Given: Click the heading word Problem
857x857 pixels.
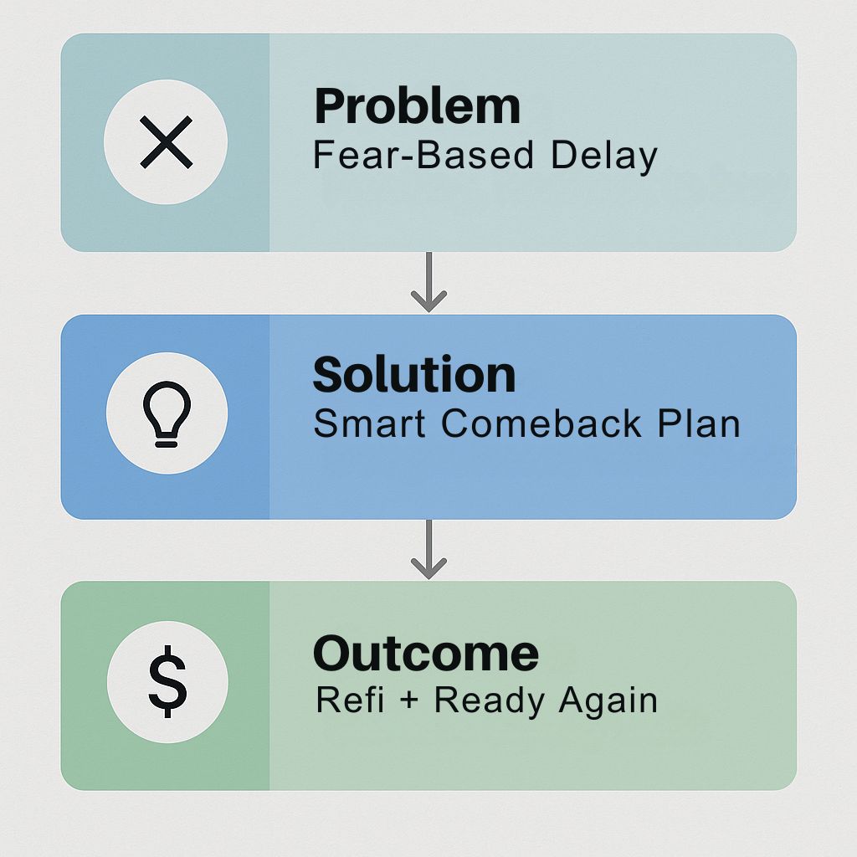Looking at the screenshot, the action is pyautogui.click(x=418, y=106).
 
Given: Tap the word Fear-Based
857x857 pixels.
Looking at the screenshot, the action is pyautogui.click(x=423, y=155).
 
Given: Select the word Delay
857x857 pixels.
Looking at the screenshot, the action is pyautogui.click(x=604, y=157).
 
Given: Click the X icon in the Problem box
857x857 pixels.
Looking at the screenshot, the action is pyautogui.click(x=167, y=141).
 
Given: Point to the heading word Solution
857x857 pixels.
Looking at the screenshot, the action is pyautogui.click(x=414, y=374).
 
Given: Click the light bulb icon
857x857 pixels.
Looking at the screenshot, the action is pyautogui.click(x=167, y=413).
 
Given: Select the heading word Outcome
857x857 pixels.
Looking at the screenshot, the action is pyautogui.click(x=426, y=654).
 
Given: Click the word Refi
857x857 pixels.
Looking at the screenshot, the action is pyautogui.click(x=350, y=700).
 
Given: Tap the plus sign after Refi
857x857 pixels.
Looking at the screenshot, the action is pyautogui.click(x=408, y=700).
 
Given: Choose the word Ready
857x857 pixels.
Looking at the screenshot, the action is pyautogui.click(x=489, y=701).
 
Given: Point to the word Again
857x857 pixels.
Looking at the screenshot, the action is pyautogui.click(x=608, y=701).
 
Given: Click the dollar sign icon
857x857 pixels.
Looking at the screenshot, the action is pyautogui.click(x=167, y=681).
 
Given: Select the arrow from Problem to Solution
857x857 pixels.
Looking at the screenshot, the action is pyautogui.click(x=429, y=282).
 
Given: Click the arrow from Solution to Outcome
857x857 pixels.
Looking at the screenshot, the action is pyautogui.click(x=429, y=549).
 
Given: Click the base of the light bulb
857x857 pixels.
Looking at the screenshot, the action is pyautogui.click(x=167, y=440).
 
